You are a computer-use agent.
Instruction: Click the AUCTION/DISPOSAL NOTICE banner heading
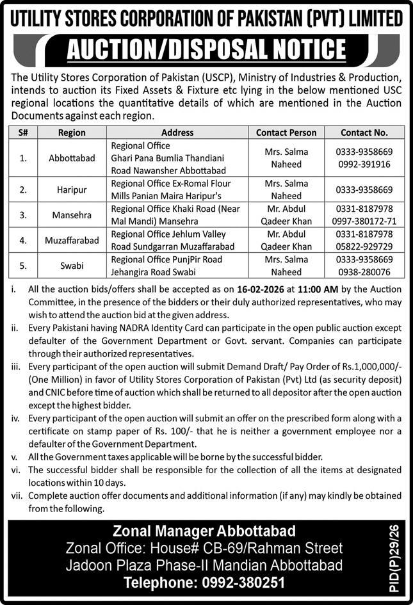pos(206,49)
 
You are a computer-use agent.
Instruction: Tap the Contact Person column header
pos(286,133)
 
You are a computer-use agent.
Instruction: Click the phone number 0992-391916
pos(363,165)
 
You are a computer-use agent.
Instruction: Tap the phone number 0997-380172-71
pos(363,222)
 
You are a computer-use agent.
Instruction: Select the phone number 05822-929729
pos(363,246)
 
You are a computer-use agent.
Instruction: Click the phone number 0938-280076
pos(363,272)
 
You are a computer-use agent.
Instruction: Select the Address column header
pos(177,133)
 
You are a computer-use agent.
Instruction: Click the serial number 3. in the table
pos(23,216)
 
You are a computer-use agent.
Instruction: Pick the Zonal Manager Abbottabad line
pos(204,531)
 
